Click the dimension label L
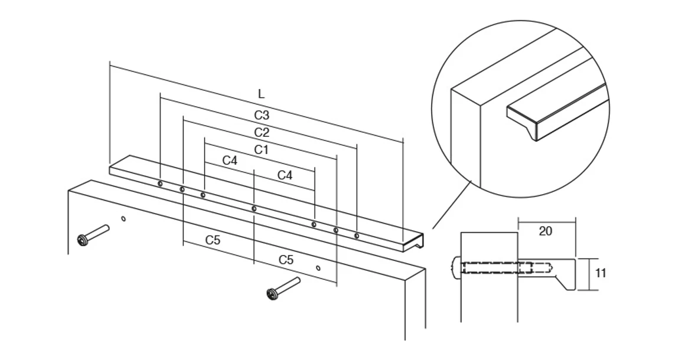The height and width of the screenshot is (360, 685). click(x=261, y=94)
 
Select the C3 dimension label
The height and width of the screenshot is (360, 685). click(x=262, y=116)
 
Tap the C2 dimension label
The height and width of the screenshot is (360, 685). click(x=262, y=132)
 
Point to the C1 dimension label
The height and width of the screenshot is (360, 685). click(x=262, y=150)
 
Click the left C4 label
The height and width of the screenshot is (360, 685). click(x=230, y=161)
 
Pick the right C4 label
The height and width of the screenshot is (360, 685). click(x=285, y=175)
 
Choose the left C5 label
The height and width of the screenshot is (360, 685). click(x=213, y=240)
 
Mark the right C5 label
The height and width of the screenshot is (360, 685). click(x=286, y=260)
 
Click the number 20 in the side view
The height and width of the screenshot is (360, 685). click(x=546, y=231)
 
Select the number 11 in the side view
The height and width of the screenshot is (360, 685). click(x=601, y=273)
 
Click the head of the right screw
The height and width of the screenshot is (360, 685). click(x=272, y=293)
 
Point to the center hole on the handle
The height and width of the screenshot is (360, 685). click(x=254, y=208)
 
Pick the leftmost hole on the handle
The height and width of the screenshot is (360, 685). click(x=160, y=184)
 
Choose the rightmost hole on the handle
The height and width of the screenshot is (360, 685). click(x=357, y=235)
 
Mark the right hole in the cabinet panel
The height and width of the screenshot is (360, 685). click(x=318, y=268)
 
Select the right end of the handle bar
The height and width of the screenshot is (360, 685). click(x=415, y=241)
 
